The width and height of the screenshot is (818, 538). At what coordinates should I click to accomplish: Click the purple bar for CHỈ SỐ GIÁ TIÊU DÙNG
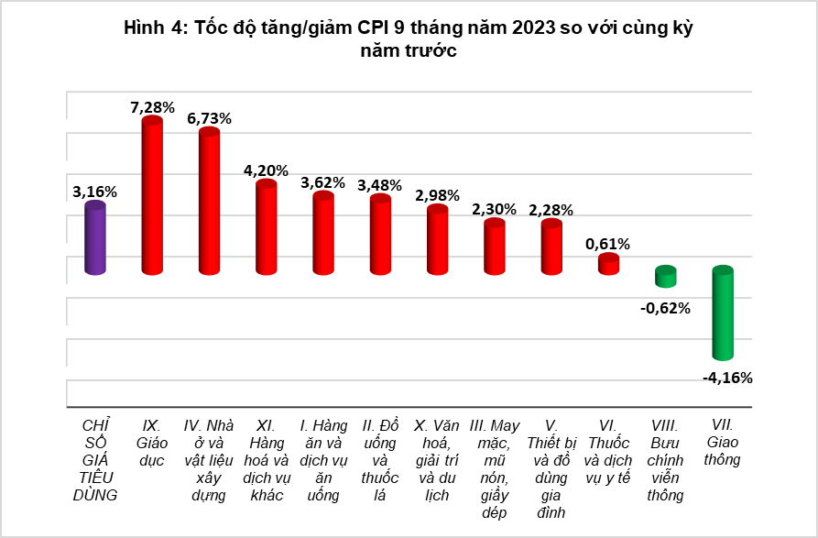pos(95,238)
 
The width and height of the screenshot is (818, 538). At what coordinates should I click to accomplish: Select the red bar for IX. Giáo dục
pos(152,196)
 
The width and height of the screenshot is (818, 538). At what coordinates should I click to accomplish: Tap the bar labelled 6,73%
pos(209,203)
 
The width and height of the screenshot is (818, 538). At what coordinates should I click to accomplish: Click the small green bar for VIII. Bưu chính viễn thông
pos(665,276)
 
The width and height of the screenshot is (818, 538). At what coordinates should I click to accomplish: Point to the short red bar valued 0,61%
pos(608,264)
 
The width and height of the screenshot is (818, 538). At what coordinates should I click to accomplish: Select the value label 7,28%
pos(152,107)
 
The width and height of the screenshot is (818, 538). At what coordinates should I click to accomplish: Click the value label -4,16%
pos(726,377)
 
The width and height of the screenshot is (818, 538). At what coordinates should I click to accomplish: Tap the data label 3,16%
pos(94,192)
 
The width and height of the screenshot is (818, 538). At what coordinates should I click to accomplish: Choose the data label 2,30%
pos(495,209)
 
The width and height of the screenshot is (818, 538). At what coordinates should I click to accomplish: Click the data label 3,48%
pos(380,185)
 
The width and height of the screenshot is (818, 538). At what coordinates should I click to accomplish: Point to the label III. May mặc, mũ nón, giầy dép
pos(495,468)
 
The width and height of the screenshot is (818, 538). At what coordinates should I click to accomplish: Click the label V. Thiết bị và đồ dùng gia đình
pos(551,468)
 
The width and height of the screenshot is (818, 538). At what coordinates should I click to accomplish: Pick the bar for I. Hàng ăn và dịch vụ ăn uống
pos(323,233)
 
